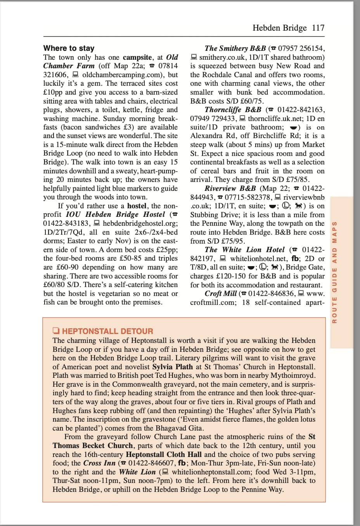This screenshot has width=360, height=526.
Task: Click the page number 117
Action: pyautogui.click(x=318, y=28)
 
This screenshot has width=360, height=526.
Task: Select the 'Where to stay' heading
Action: pyautogui.click(x=69, y=48)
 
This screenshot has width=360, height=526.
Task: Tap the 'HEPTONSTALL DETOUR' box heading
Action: pyautogui.click(x=107, y=331)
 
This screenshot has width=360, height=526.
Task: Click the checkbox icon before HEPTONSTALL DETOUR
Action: pyautogui.click(x=56, y=331)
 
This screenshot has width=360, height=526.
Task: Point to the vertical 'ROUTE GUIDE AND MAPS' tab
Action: pyautogui.click(x=334, y=272)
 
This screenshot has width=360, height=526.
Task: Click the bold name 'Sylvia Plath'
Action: pyautogui.click(x=172, y=367)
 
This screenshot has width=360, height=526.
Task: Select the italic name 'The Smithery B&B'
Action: pyautogui.click(x=235, y=48)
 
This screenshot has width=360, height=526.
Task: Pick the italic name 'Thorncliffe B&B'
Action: pyautogui.click(x=233, y=110)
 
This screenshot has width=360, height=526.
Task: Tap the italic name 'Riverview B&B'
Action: pyautogui.click(x=230, y=189)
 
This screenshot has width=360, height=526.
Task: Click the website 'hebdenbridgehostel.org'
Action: pyautogui.click(x=140, y=223)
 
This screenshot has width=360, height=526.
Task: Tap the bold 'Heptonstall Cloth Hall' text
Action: pyautogui.click(x=164, y=454)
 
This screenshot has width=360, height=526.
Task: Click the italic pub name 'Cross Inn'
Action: pyautogui.click(x=99, y=463)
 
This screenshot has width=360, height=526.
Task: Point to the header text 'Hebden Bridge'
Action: pyautogui.click(x=279, y=28)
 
